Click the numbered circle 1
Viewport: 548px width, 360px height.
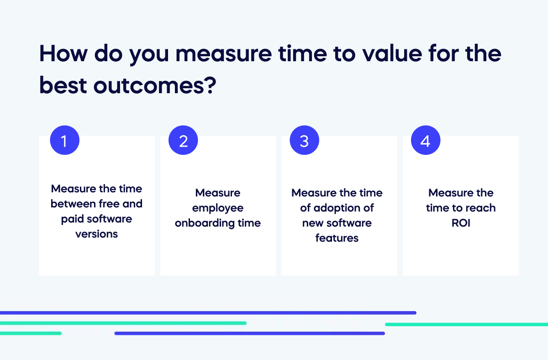pos(64,141)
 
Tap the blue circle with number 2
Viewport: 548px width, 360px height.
pos(184,141)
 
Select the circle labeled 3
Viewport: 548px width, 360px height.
pos(305,141)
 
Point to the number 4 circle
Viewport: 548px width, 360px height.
pos(426,141)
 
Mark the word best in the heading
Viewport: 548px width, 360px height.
pos(62,85)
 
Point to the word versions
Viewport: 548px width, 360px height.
pos(97,234)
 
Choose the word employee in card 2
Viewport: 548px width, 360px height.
pos(218,208)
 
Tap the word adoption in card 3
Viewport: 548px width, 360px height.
pos(337,208)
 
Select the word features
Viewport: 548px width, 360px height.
pos(337,238)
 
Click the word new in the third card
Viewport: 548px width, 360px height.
pos(311,223)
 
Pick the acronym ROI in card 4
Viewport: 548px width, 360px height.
pos(461,223)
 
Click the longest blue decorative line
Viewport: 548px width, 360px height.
pos(208,313)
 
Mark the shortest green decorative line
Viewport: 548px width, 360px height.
pos(31,334)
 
